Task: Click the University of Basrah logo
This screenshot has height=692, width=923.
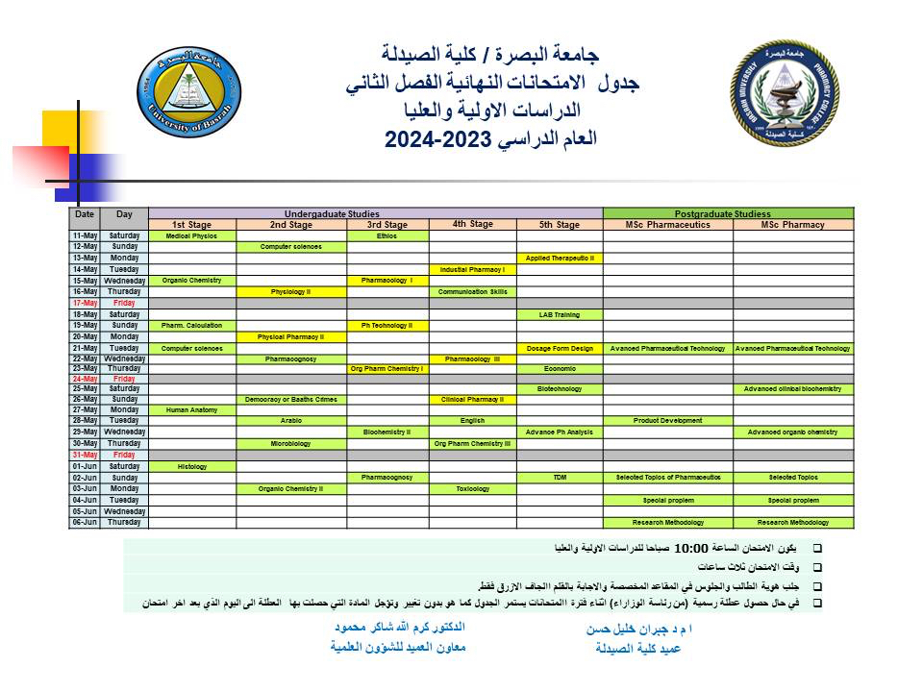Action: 189,91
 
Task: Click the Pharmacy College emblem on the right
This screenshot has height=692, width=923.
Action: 780,91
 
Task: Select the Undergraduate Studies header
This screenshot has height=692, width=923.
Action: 332,214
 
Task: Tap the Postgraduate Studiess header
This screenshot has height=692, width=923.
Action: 727,214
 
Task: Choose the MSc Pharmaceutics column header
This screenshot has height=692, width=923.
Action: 668,225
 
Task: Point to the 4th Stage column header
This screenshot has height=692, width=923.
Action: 472,225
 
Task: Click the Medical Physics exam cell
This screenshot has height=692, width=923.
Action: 192,235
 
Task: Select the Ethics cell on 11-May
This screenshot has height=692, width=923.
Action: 387,235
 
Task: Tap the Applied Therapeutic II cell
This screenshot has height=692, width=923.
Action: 560,259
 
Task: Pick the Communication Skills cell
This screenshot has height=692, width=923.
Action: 472,291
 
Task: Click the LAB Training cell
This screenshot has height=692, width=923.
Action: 560,314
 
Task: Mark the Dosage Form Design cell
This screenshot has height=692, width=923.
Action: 560,348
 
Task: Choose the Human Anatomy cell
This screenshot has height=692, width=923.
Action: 192,409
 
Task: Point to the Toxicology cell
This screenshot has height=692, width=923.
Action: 472,488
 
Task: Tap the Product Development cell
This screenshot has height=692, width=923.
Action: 668,421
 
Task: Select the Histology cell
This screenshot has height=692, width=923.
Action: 192,466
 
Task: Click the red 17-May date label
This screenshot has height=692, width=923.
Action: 85,303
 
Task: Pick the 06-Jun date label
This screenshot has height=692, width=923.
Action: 85,523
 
